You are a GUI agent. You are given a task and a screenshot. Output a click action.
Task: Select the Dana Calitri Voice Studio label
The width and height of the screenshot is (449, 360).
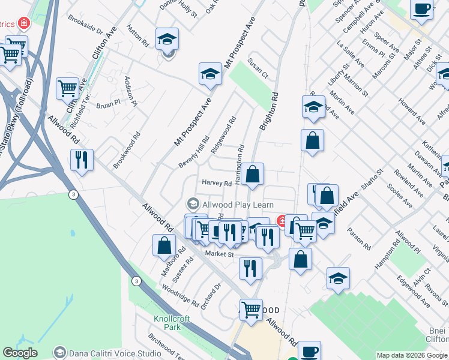click(109, 353)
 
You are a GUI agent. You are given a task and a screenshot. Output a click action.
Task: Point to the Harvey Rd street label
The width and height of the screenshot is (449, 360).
click(217, 183)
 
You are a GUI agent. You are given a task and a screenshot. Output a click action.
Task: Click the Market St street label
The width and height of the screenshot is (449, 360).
click(218, 254)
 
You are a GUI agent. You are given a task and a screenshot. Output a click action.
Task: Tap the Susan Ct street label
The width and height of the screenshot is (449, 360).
click(259, 70)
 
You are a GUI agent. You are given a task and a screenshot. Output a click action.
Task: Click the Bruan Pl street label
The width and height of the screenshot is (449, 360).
click(108, 103)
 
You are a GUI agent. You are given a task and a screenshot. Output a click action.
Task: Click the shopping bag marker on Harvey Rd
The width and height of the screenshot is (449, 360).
click(253, 174)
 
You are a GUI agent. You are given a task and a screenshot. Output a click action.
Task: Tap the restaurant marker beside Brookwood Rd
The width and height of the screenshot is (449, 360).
click(82, 160)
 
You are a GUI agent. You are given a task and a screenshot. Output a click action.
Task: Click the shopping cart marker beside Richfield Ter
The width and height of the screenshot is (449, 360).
click(68, 88)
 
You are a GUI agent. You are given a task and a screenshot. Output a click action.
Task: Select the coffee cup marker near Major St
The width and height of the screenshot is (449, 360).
click(422, 8)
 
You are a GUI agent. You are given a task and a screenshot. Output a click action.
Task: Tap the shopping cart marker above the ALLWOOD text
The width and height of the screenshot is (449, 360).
click(252, 310)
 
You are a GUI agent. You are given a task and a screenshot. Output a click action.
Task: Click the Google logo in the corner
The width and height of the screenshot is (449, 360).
click(20, 353)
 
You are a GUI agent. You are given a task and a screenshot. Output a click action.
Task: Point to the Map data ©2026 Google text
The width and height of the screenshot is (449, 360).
click(412, 355)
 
